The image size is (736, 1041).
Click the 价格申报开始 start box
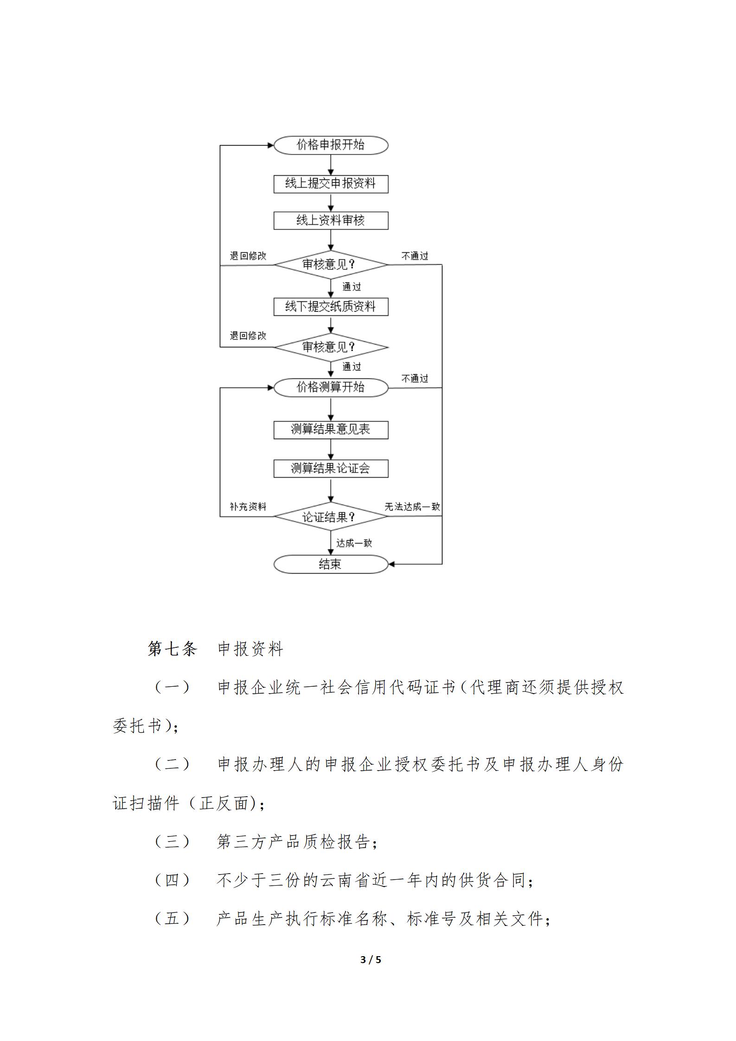(331, 145)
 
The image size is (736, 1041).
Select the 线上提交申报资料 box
(331, 184)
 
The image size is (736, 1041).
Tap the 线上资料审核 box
(331, 221)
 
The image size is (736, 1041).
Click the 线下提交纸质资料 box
(331, 307)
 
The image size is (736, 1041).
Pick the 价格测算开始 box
(331, 387)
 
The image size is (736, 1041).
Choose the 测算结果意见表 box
(331, 430)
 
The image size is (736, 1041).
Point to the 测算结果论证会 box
(331, 469)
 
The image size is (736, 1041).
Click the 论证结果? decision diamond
(331, 517)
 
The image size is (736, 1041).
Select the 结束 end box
(331, 564)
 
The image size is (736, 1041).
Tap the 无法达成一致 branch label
(412, 507)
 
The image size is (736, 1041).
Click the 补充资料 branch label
(248, 507)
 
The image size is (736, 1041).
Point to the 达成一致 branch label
(354, 543)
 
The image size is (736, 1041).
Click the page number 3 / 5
(371, 960)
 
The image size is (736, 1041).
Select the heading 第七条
(173, 649)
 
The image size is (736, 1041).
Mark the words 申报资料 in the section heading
(250, 649)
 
